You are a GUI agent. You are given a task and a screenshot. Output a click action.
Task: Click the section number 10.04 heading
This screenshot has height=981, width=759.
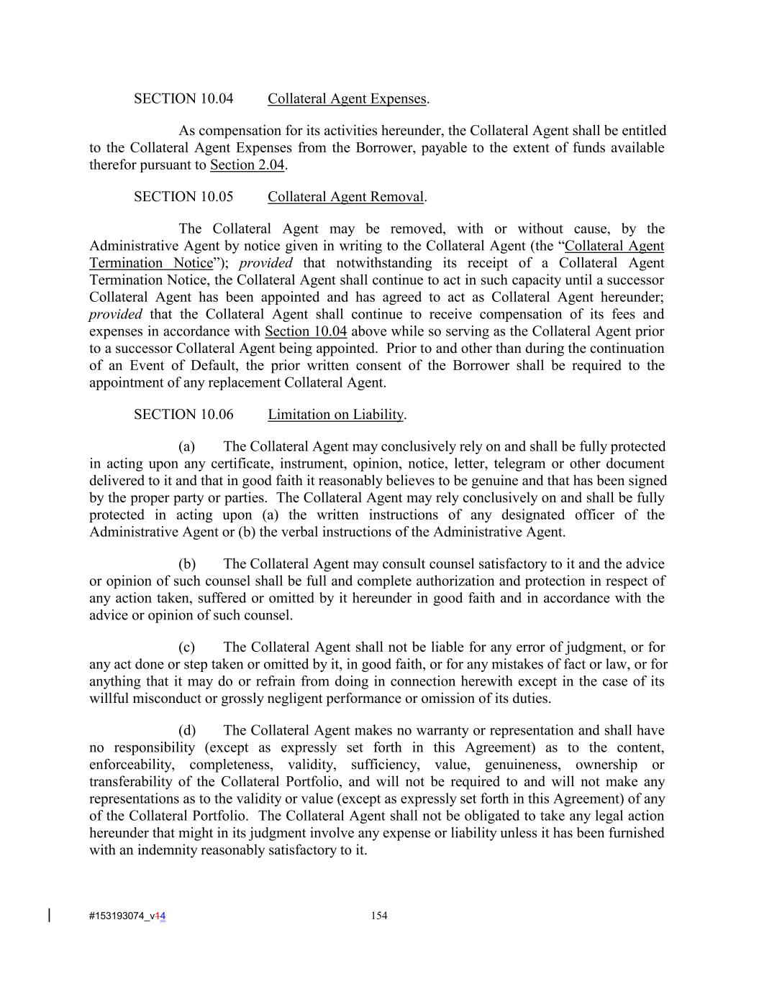[x=183, y=99]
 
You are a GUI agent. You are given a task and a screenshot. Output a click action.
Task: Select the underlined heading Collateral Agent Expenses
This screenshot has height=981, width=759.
[x=347, y=99]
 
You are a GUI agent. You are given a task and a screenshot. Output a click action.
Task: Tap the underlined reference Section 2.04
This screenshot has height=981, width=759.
[x=247, y=165]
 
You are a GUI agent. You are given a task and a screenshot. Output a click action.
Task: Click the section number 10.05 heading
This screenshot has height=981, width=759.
[x=183, y=197]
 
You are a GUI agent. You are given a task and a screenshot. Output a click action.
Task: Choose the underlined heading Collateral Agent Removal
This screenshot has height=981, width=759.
[x=345, y=197]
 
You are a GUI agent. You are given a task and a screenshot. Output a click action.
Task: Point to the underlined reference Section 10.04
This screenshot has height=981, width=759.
[x=306, y=331]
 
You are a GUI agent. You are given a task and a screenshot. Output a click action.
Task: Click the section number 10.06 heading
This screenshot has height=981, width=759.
[x=183, y=415]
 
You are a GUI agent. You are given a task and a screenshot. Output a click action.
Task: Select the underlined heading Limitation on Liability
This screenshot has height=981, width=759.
[x=335, y=415]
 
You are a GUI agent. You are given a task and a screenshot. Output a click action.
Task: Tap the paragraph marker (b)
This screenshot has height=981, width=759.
[x=187, y=564]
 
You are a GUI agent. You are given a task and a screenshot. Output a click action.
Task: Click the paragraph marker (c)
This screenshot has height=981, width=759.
[x=187, y=648]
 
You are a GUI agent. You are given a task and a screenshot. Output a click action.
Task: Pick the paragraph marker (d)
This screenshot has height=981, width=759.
[x=187, y=731]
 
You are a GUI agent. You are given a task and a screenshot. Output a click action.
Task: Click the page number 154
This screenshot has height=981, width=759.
[x=379, y=916]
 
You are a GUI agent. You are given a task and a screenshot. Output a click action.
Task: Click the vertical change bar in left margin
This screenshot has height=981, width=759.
[x=49, y=915]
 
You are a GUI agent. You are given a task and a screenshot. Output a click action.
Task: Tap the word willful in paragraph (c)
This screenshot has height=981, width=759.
[x=108, y=699]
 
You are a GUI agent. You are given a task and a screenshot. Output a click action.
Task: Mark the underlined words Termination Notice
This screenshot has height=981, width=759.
[x=152, y=263]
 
